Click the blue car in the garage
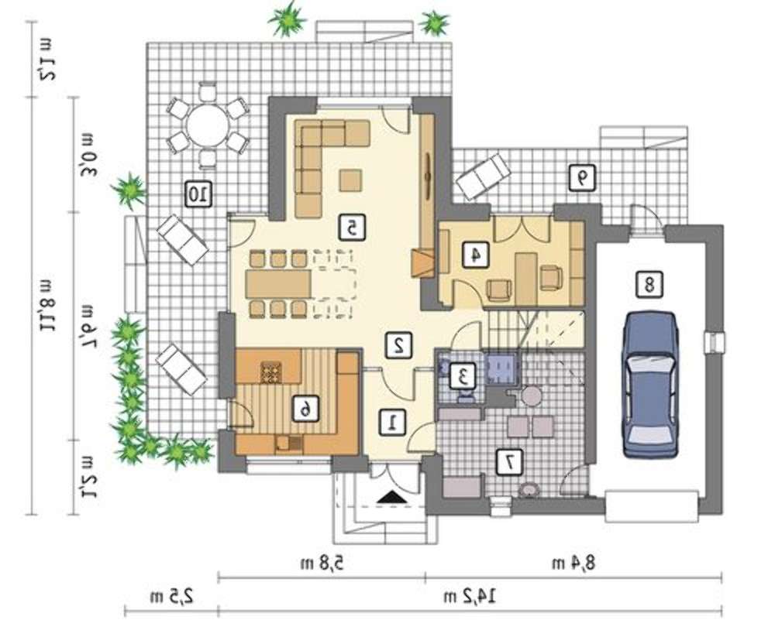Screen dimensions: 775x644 (x=650, y=385)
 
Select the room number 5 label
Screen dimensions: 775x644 (x=351, y=228)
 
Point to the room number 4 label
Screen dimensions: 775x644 (x=476, y=255)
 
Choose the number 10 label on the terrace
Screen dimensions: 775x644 (x=198, y=194)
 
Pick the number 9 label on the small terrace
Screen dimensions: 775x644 (x=582, y=178)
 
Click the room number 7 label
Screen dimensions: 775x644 (x=509, y=462)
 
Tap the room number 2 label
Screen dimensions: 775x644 (x=398, y=345)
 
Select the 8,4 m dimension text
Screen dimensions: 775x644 (x=573, y=563)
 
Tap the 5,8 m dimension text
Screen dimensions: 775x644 (x=322, y=563)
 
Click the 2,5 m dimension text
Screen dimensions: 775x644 (x=172, y=598)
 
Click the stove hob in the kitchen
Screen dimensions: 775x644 (x=271, y=372)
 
